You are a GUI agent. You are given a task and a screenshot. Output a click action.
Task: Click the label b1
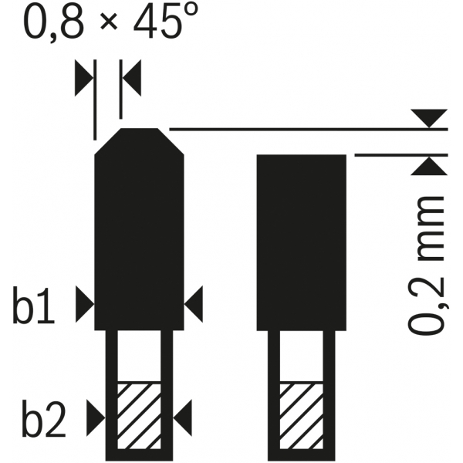tap(34, 305)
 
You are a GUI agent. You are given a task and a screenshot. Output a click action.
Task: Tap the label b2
tap(44, 418)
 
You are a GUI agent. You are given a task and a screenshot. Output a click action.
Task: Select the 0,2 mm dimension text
tap(426, 265)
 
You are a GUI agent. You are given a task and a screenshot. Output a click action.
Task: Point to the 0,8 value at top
tap(52, 22)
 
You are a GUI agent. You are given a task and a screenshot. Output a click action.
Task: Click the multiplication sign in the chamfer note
tap(109, 22)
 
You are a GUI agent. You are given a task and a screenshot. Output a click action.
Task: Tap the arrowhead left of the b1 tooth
tap(85, 304)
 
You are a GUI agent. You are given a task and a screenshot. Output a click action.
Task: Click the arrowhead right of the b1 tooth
tap(194, 304)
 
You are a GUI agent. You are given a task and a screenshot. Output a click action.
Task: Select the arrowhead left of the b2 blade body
tap(96, 417)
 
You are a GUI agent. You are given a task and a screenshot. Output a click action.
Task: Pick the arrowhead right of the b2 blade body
tap(182, 417)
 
